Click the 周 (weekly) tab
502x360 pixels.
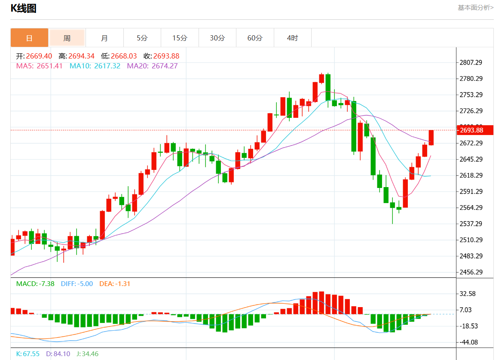pyautogui.click(x=67, y=38)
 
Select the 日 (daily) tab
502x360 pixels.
pyautogui.click(x=29, y=38)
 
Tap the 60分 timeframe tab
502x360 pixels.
pyautogui.click(x=255, y=38)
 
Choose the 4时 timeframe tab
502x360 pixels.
pyautogui.click(x=292, y=38)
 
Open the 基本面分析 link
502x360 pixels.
pyautogui.click(x=475, y=7)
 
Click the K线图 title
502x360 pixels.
pyautogui.click(x=23, y=8)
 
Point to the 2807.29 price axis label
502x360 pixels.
pyautogui.click(x=471, y=62)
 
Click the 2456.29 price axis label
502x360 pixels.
pyautogui.click(x=471, y=272)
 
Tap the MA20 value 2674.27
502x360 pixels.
pyautogui.click(x=165, y=66)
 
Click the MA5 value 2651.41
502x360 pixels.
pyautogui.click(x=50, y=66)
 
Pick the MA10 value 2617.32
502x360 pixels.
pyautogui.click(x=107, y=66)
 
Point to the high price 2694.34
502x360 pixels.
pyautogui.click(x=82, y=56)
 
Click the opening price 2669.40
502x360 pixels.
pyautogui.click(x=39, y=56)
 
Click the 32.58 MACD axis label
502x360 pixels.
pyautogui.click(x=468, y=294)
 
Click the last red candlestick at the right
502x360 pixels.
pyautogui.click(x=431, y=138)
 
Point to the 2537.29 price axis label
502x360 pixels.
pyautogui.click(x=471, y=224)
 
